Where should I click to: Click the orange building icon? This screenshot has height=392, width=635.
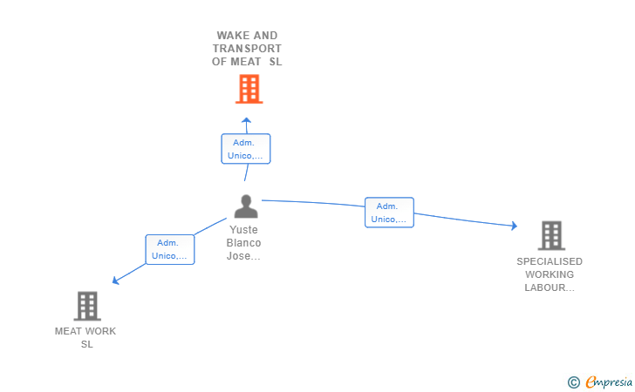pos(249,89)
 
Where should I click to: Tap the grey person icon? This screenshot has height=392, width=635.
pos(246,206)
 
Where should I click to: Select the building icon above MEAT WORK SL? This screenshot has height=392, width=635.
pos(87,306)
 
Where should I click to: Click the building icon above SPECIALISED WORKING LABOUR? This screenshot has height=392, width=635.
pos(551,235)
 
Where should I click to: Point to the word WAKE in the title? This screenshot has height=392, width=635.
pos(232,36)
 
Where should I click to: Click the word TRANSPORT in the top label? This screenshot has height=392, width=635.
pos(247,49)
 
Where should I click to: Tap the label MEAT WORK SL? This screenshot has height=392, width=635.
pos(85,338)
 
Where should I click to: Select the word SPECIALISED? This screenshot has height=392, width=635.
pos(550,261)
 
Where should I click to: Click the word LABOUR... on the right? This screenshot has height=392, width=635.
pos(550,287)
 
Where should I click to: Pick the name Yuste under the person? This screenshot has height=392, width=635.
pos(243,230)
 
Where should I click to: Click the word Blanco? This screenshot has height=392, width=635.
pos(243,243)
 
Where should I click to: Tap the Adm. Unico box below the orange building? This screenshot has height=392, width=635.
pos(246,149)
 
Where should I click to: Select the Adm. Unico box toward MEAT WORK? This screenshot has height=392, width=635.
pos(170,250)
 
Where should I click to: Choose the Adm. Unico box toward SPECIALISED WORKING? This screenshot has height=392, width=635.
pos(389,213)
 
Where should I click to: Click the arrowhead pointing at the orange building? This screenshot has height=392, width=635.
pos(246,119)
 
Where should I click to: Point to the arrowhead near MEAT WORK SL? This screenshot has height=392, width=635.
pos(115,280)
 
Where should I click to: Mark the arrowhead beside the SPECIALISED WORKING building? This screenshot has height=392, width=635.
pos(515,226)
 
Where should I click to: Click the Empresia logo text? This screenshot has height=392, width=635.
pos(609,382)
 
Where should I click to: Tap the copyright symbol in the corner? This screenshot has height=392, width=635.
pos(574,382)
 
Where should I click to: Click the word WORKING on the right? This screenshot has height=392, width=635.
pos(550,274)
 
